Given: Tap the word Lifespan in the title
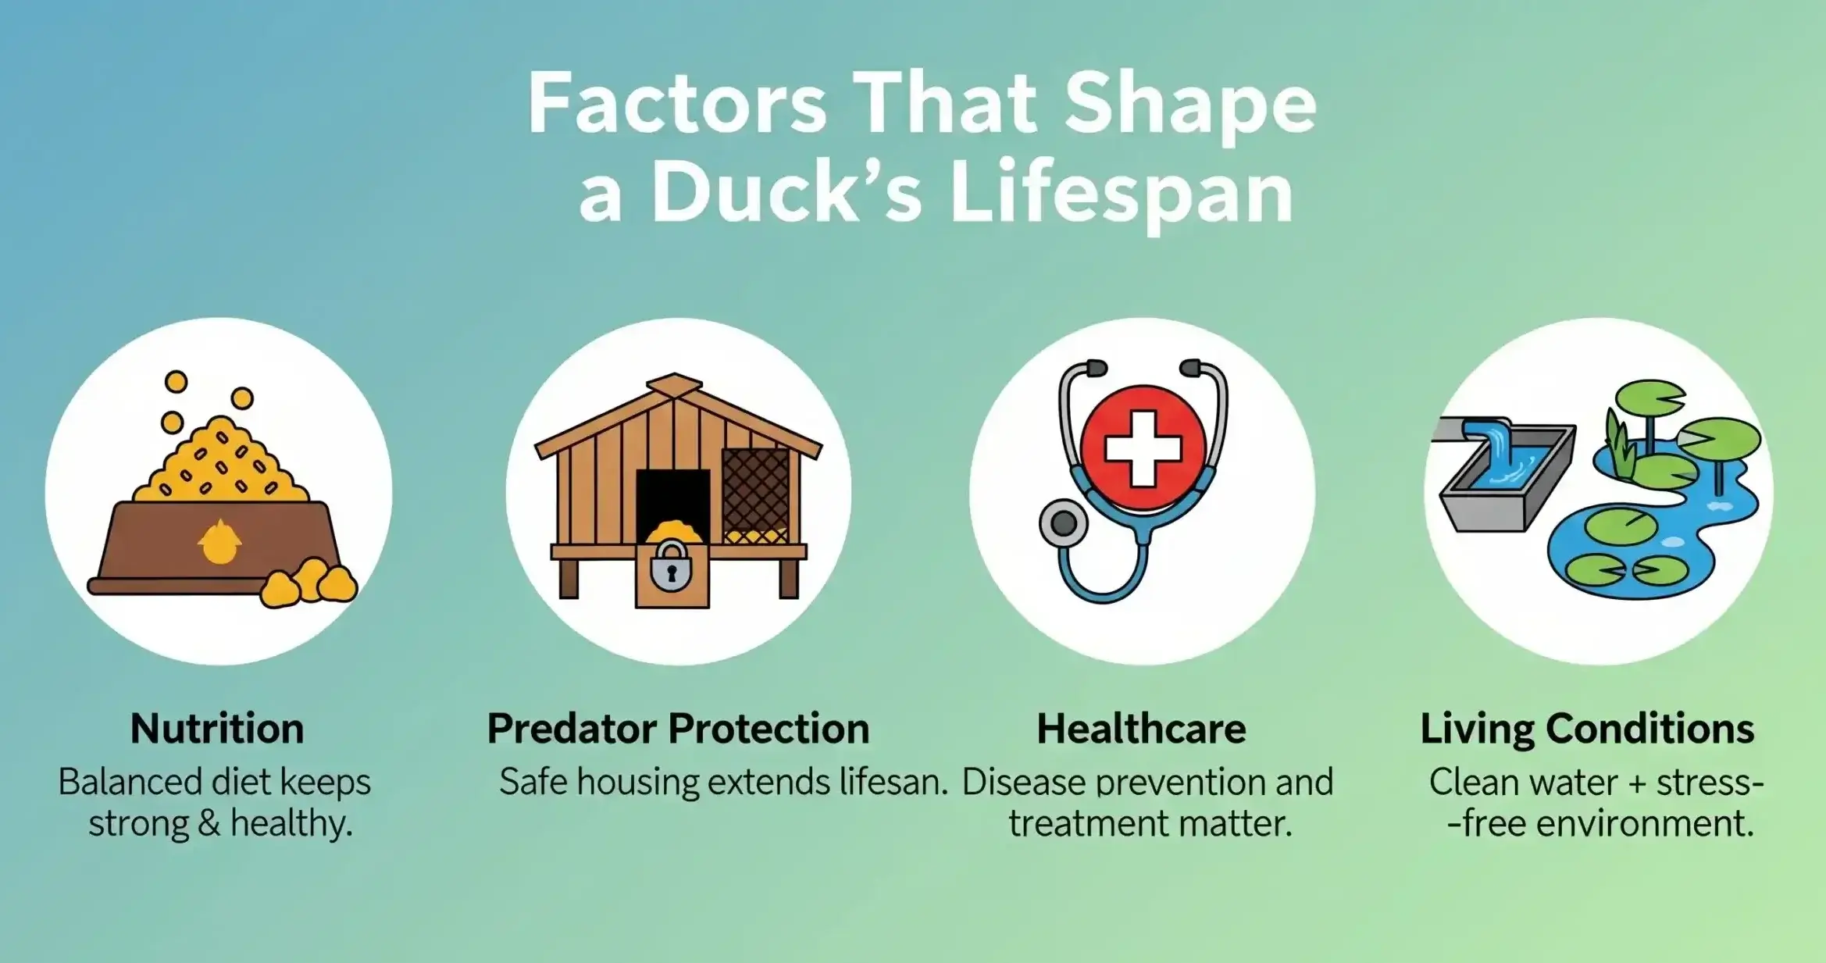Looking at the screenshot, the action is [x=1122, y=194].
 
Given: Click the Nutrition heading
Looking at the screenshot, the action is [x=217, y=729].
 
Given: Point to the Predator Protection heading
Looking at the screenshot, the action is [x=678, y=729].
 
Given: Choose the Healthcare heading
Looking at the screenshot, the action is [x=1141, y=729].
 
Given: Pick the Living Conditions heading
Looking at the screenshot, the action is [x=1587, y=729].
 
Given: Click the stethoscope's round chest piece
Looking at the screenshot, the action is [x=1063, y=523].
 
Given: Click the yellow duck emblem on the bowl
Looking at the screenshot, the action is [x=219, y=541].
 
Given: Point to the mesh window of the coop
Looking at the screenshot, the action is [x=755, y=495].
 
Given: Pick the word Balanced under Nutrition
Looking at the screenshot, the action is [x=132, y=782].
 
